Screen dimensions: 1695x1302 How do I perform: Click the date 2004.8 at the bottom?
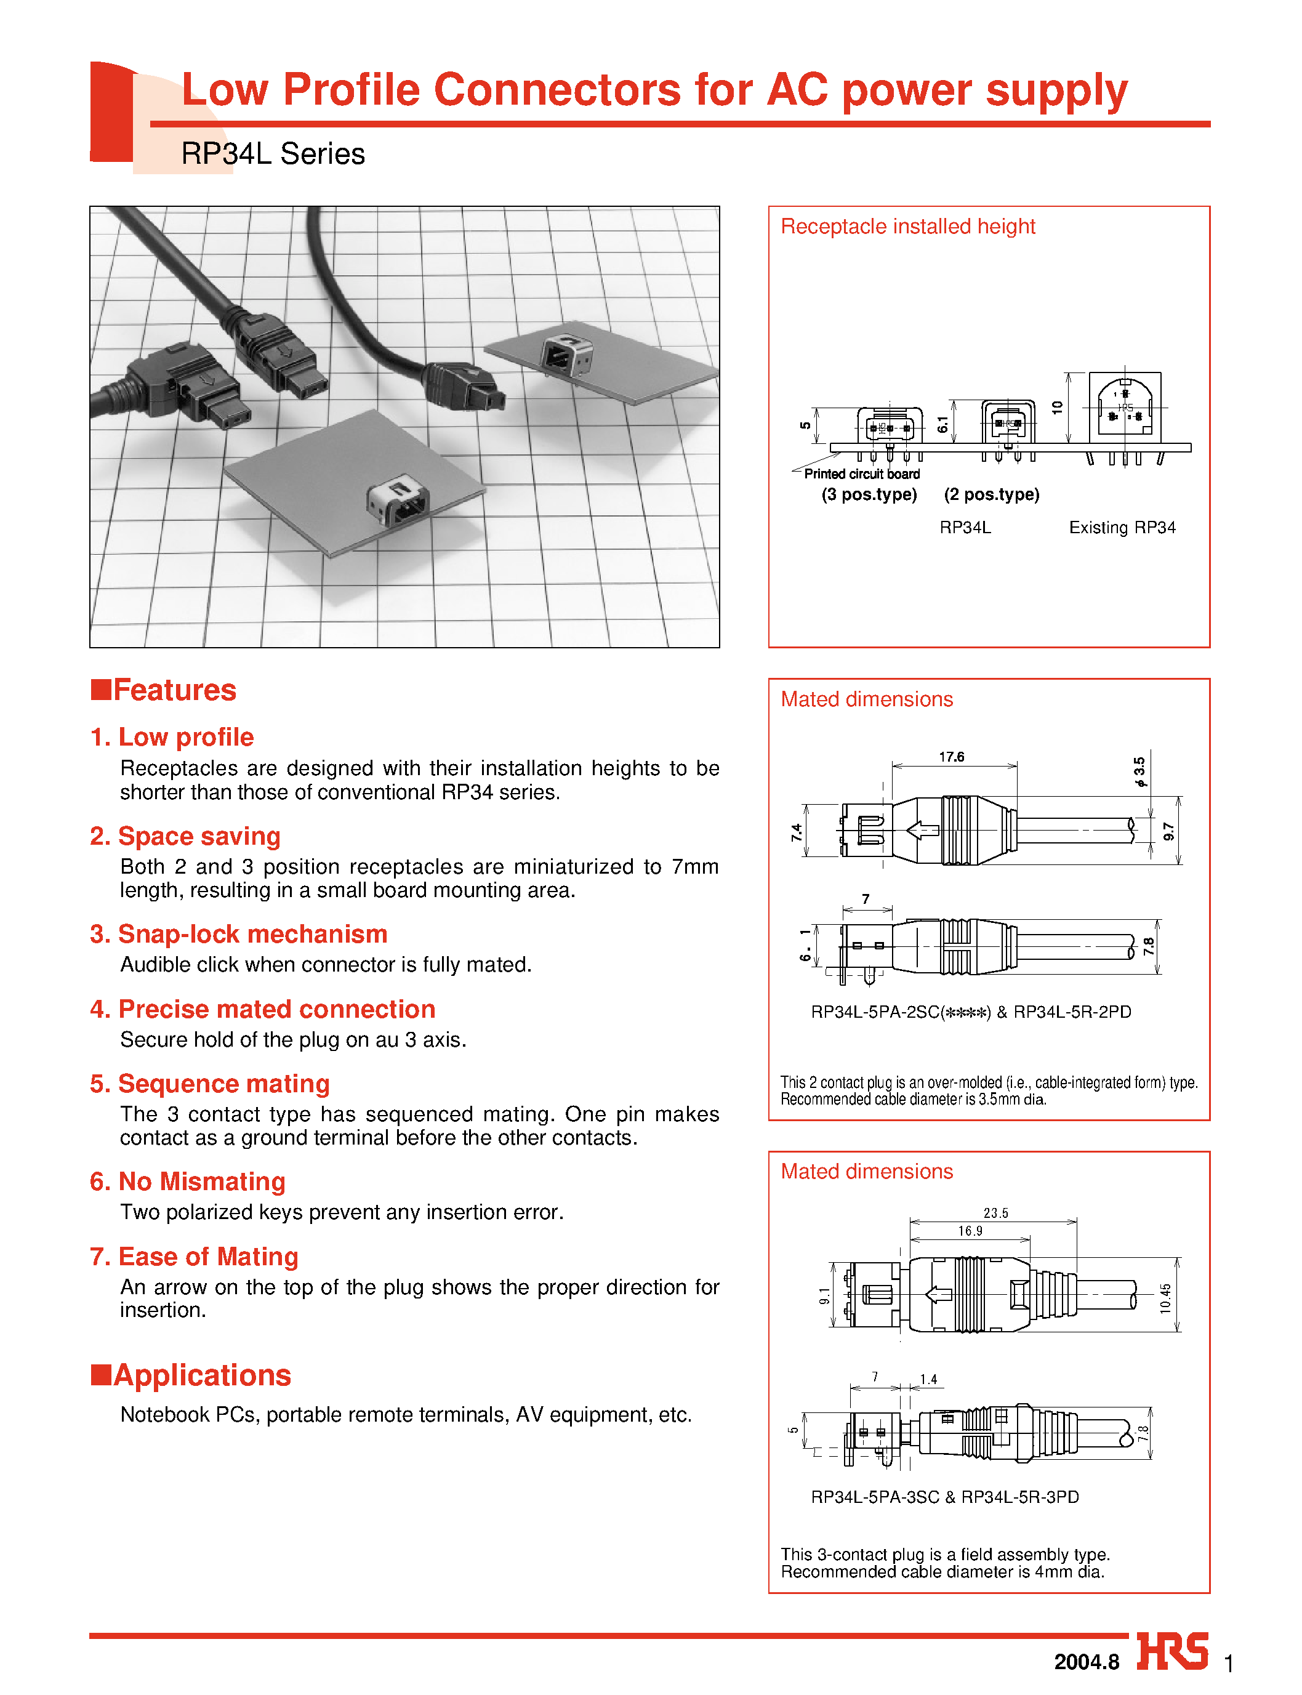pyautogui.click(x=1087, y=1662)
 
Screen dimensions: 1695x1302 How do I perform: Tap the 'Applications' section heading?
pyautogui.click(x=201, y=1375)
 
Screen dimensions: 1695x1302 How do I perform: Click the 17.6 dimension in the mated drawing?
pyautogui.click(x=952, y=757)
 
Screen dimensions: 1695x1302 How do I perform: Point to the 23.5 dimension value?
pyautogui.click(x=996, y=1214)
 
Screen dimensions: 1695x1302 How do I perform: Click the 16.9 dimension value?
pyautogui.click(x=970, y=1231)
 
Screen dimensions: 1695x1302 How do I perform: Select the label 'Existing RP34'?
pyautogui.click(x=1122, y=528)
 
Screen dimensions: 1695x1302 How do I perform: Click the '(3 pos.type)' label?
pyautogui.click(x=869, y=494)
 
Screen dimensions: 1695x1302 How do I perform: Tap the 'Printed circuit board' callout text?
pyautogui.click(x=862, y=474)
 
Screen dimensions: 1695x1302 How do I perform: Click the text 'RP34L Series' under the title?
pyautogui.click(x=273, y=155)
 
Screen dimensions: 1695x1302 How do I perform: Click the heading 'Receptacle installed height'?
pyautogui.click(x=907, y=227)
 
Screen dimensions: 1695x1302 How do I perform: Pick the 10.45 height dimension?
pyautogui.click(x=1165, y=1298)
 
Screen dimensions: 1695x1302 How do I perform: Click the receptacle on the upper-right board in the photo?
pyautogui.click(x=566, y=354)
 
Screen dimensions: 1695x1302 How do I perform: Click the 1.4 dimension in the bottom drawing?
pyautogui.click(x=928, y=1380)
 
